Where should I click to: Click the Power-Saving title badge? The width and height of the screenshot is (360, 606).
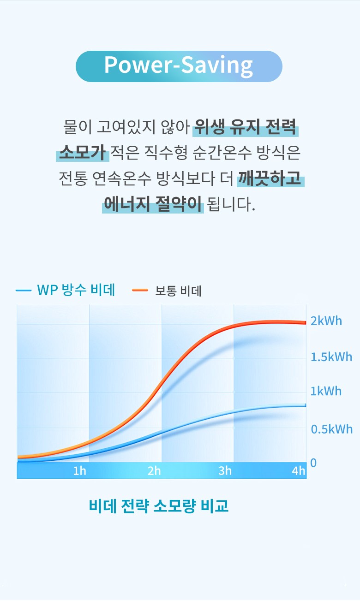click(x=179, y=66)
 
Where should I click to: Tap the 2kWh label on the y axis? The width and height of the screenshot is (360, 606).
click(x=326, y=321)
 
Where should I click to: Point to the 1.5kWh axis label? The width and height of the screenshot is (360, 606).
click(x=331, y=357)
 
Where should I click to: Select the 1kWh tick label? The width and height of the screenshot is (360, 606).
click(x=326, y=392)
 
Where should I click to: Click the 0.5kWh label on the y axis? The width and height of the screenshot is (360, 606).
click(x=331, y=429)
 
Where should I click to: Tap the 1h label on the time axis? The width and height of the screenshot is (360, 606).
click(x=79, y=471)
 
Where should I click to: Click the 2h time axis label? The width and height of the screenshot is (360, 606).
click(x=154, y=471)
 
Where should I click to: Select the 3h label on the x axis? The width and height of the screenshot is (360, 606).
click(x=225, y=471)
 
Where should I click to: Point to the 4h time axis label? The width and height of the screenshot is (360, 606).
click(x=299, y=471)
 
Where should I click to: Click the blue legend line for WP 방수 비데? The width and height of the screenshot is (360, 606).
click(x=23, y=291)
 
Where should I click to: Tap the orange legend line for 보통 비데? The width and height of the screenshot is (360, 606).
click(x=140, y=291)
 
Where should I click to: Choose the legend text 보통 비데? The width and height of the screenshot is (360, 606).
click(x=178, y=291)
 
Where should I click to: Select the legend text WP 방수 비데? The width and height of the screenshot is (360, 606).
click(x=76, y=290)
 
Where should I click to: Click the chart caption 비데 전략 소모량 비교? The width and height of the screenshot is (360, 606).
click(x=158, y=506)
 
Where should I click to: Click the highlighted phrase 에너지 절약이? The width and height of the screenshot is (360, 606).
click(x=153, y=204)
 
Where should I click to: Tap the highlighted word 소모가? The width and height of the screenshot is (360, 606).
click(x=83, y=153)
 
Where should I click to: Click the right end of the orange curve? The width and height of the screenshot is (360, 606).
click(x=304, y=322)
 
